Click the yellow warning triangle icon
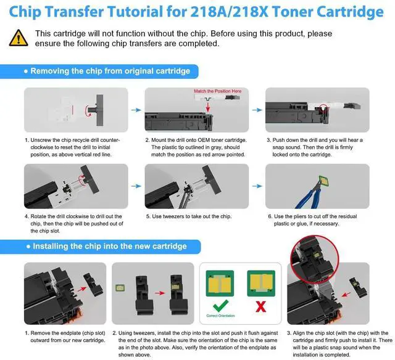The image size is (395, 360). pyautogui.click(x=19, y=38)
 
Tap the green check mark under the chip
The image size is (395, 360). pyautogui.click(x=220, y=306)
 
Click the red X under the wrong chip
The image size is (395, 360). pyautogui.click(x=260, y=306)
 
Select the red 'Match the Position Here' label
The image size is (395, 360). pyautogui.click(x=218, y=91)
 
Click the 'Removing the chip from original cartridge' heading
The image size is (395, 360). pyautogui.click(x=110, y=71)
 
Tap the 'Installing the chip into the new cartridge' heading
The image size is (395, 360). pyautogui.click(x=110, y=246)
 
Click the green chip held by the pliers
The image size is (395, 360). pyautogui.click(x=323, y=181)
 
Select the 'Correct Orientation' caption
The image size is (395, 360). pyautogui.click(x=220, y=316)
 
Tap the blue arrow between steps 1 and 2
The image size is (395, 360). pyautogui.click(x=136, y=110)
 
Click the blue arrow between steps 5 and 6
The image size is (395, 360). pyautogui.click(x=257, y=186)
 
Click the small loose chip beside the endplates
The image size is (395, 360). pyautogui.click(x=120, y=288)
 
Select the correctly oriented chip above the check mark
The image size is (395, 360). pyautogui.click(x=220, y=284)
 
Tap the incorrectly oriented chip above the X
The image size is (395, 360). pyautogui.click(x=261, y=284)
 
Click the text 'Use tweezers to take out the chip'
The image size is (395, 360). pyautogui.click(x=191, y=216)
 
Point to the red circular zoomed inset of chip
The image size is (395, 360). pyautogui.click(x=314, y=259)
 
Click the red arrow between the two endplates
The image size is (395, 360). pyautogui.click(x=160, y=293)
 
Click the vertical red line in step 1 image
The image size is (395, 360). pyautogui.click(x=73, y=110)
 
